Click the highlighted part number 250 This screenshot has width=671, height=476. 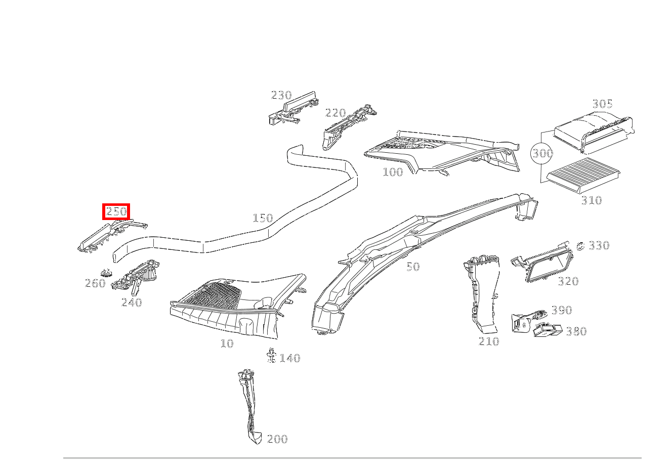pos(116,212)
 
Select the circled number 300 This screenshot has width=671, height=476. pos(542,153)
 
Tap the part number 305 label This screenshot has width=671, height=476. pos(602,104)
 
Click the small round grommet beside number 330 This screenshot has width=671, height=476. pos(580,246)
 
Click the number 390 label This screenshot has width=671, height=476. pos(561,310)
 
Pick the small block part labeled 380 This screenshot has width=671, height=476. pos(548,330)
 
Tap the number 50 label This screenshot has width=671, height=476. pos(413,267)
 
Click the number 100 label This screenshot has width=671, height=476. pos(393,172)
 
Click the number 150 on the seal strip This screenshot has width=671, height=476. pos(263,218)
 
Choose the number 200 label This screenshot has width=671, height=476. pos(277,439)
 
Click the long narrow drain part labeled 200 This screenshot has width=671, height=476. pos(249,405)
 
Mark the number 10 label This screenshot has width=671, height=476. pos(227,343)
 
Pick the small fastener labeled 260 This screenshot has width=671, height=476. pos(106,273)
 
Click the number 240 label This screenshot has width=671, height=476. pos(132,302)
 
